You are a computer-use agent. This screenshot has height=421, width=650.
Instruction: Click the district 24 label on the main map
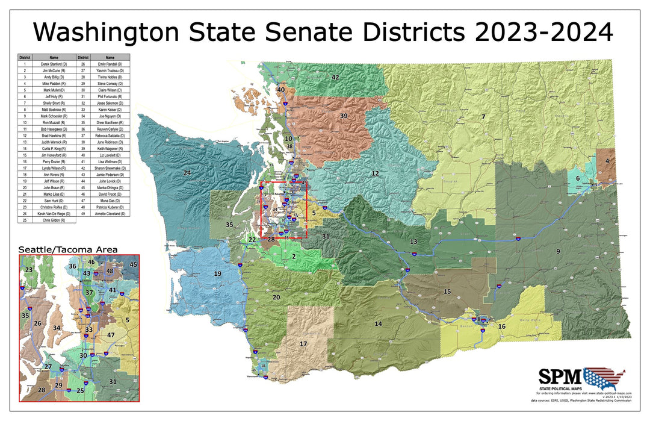click(x=187, y=173)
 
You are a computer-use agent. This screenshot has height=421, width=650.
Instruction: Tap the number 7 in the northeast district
click(x=483, y=116)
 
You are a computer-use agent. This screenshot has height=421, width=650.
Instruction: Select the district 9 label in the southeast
click(x=558, y=251)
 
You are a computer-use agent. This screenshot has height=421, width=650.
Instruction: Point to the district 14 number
click(x=378, y=324)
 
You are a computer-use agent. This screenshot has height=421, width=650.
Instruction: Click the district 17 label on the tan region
click(x=303, y=344)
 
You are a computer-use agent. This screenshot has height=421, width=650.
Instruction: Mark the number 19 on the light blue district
click(x=218, y=274)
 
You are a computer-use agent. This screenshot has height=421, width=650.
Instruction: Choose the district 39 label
click(x=344, y=116)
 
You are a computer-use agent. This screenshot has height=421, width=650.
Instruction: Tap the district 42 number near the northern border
click(x=335, y=78)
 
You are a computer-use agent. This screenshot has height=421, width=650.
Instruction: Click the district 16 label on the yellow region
click(x=501, y=326)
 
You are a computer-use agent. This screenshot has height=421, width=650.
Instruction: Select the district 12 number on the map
click(x=375, y=173)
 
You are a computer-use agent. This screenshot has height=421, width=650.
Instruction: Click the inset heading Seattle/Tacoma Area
click(x=67, y=249)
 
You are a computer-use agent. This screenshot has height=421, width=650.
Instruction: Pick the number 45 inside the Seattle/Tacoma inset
click(x=134, y=264)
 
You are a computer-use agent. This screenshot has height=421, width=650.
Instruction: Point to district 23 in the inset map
click(x=28, y=270)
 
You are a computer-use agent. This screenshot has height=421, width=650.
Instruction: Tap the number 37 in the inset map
click(x=89, y=293)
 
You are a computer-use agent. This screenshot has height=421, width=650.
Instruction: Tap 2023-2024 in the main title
click(x=543, y=31)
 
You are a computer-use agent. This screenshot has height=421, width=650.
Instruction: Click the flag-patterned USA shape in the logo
click(x=604, y=378)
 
